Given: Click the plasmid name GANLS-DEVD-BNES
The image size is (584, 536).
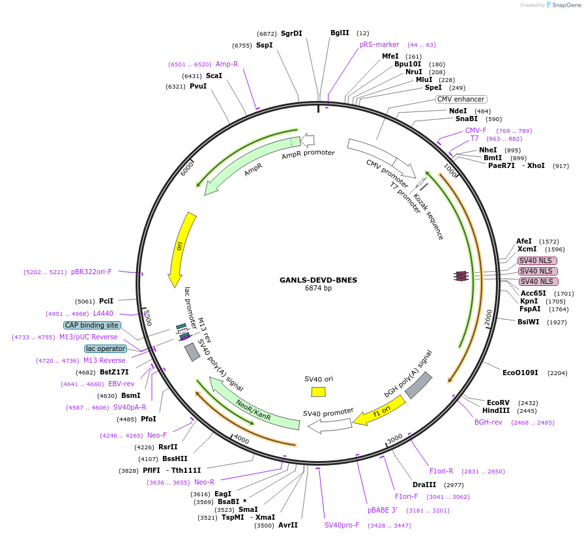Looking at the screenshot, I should pos(318,280).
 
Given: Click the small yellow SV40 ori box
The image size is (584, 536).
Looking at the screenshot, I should pos(318,391).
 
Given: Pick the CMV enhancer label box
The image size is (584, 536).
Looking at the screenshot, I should pos(461,99).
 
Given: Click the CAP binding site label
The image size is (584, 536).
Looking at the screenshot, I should pos(92,325).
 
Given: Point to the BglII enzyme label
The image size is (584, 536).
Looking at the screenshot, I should pos(340,33).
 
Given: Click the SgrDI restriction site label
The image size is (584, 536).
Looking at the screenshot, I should pos(291,33).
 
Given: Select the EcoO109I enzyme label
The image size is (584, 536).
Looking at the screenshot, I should pos(520,373).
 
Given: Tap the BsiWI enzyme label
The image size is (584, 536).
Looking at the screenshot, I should pos(529,322).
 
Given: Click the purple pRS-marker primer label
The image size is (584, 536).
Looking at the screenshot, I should pos(379,44).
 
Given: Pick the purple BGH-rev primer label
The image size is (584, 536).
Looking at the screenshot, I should pos(488,422).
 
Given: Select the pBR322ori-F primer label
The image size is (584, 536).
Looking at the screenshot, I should pos(91,272).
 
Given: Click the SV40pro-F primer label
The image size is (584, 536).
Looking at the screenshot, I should pos(342,525).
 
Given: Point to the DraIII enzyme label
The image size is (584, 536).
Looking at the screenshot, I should pos(424,485).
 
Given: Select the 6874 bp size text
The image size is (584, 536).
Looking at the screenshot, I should pos(318,288).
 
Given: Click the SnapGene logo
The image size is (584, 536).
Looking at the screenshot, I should pos(562,5).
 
